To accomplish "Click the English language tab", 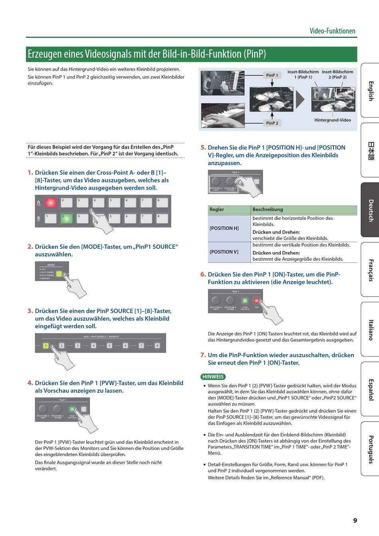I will pos(371,91).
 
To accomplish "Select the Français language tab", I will pos(371,270).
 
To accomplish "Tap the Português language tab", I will pos(371,449).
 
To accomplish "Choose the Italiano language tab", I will pos(371,330).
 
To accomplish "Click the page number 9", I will pos(355,520).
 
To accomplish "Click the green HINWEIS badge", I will pos(213,376).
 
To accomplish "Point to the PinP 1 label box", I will pos(272,75).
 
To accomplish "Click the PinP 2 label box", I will pos(272,123).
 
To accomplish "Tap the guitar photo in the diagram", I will pos(223,83).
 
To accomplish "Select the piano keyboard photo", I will pos(223,115).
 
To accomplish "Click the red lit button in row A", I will pos(51,203).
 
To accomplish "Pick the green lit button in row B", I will pos(67,219).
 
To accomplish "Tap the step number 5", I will pos(203,148).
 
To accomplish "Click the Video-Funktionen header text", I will pos(332,31).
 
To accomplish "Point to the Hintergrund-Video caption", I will pos(332,120).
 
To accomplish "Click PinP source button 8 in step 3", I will pos(157,345).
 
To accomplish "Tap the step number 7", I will pos(203,355).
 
